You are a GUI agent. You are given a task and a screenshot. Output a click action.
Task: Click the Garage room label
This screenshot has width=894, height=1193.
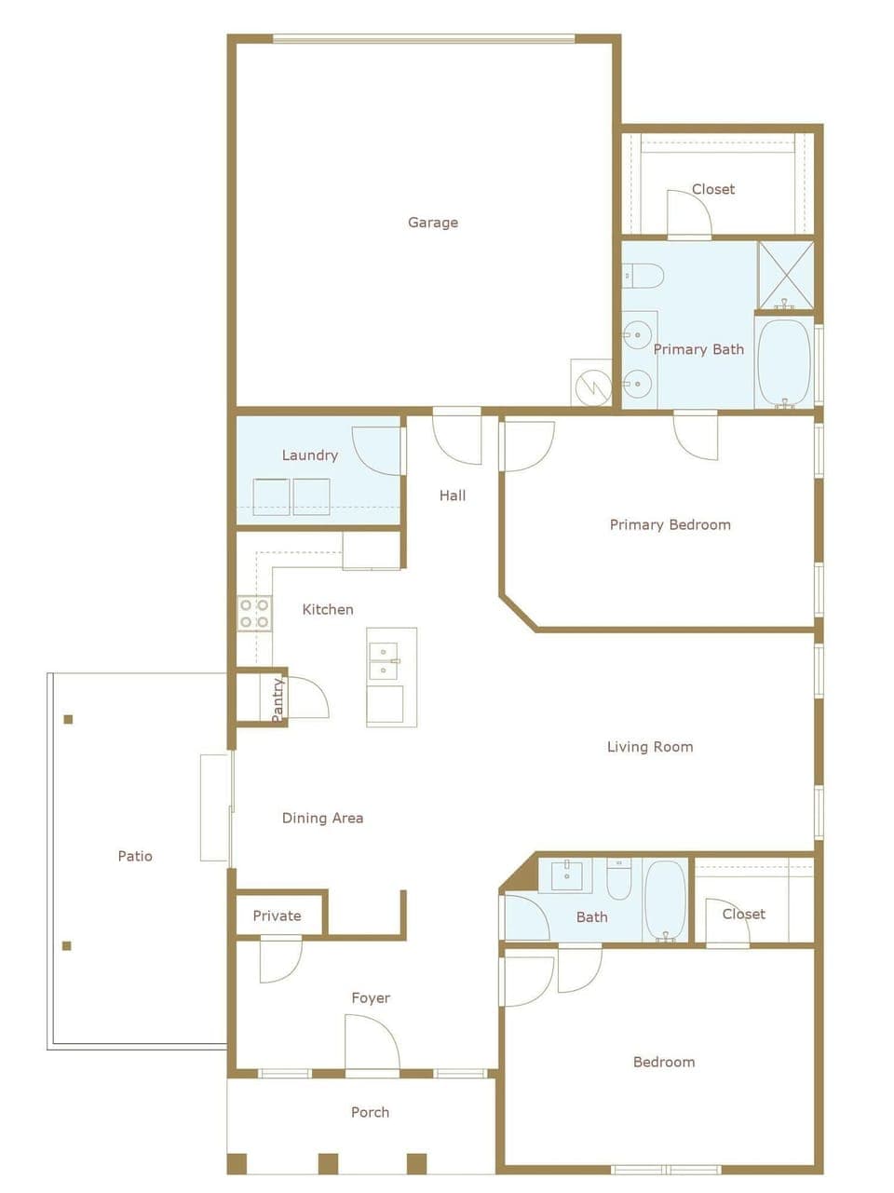(x=433, y=223)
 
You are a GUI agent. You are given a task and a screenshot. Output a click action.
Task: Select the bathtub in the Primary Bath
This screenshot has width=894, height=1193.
(x=783, y=363)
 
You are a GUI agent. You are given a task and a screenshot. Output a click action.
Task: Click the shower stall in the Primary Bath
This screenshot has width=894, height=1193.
(x=785, y=274)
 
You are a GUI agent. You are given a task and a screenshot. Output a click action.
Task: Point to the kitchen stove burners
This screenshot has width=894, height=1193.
(x=253, y=613)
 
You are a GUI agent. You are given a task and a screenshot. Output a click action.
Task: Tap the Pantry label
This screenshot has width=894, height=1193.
(x=278, y=698)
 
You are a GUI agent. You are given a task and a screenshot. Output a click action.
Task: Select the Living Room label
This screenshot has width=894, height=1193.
(x=650, y=746)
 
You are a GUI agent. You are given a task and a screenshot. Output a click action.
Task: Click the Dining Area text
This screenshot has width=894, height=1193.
(x=322, y=818)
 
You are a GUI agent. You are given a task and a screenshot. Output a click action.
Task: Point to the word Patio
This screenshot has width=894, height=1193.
(x=135, y=856)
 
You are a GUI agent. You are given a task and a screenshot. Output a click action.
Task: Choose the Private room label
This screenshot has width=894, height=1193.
(x=277, y=915)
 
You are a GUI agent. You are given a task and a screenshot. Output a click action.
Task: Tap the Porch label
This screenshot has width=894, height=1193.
(x=370, y=1112)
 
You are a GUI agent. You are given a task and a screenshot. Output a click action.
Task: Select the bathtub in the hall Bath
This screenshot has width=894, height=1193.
(x=665, y=901)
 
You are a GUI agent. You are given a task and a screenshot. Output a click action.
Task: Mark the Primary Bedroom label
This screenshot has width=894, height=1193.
(x=670, y=524)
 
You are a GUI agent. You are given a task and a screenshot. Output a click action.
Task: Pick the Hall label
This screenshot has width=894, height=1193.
(x=453, y=495)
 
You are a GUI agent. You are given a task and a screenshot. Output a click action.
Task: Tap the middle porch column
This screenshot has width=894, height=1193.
(x=328, y=1163)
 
